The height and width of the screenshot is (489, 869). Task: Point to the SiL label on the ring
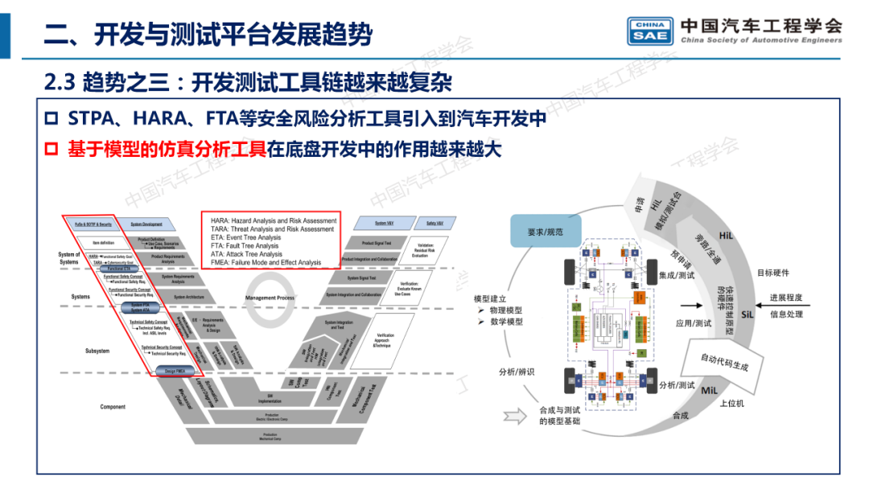(x=748, y=313)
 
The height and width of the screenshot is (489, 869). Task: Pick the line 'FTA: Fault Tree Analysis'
(x=245, y=246)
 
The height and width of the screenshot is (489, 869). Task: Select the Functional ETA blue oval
(x=119, y=268)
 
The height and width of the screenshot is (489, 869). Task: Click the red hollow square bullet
(x=52, y=150)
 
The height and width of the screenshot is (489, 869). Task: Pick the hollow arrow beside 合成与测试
(x=513, y=416)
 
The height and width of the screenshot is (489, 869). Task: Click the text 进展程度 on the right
(x=785, y=298)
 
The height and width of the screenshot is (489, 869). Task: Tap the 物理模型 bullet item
(x=506, y=310)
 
